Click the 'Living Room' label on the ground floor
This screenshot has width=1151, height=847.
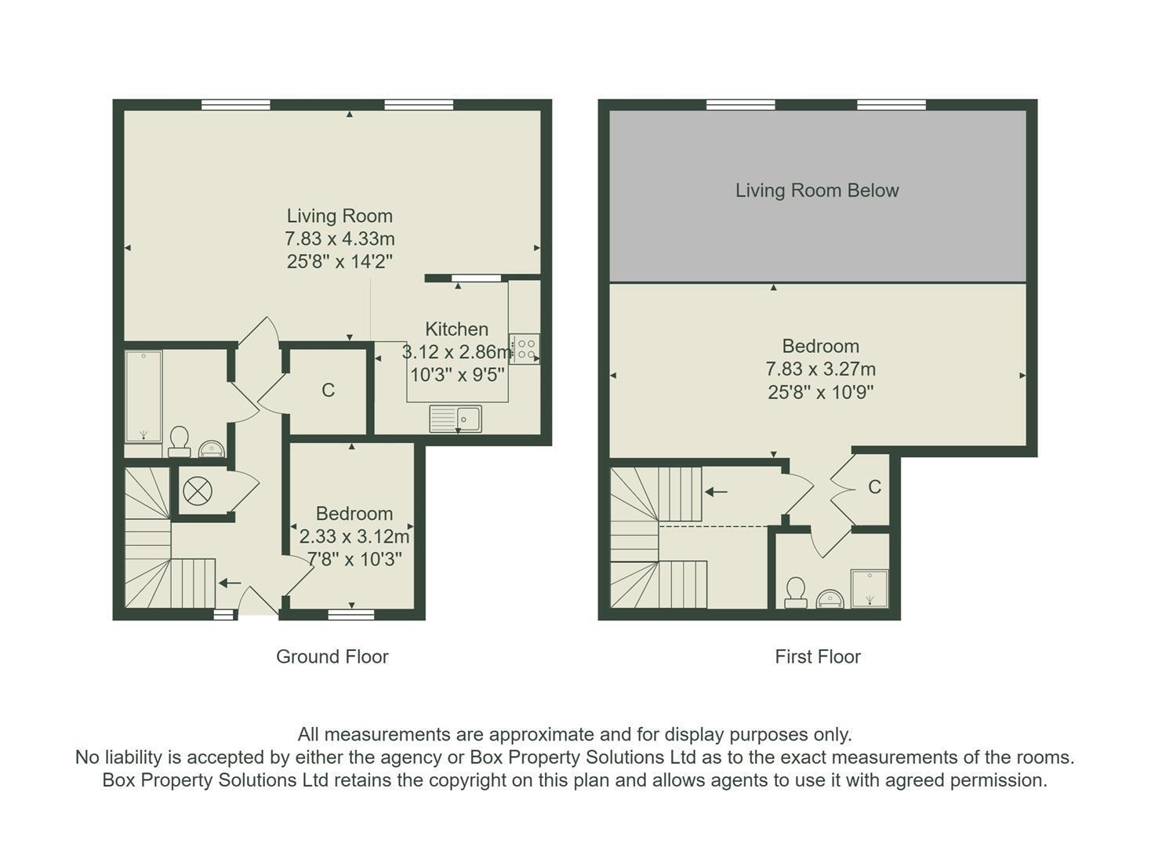339,216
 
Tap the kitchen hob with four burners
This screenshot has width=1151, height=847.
525,349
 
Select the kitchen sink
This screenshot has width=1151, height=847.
456,418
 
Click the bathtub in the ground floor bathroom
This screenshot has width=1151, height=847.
143,396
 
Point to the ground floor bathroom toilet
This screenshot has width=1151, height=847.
179,442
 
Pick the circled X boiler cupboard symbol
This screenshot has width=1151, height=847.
198,490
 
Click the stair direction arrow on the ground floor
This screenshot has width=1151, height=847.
230,583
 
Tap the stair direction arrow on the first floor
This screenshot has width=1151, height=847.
716,492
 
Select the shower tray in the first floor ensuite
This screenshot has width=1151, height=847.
870,588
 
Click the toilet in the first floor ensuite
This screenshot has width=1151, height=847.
795,593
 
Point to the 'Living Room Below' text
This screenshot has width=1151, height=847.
817,191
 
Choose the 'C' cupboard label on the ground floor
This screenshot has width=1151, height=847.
328,391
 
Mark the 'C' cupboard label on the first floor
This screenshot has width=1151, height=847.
874,487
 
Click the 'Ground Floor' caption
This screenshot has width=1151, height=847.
332,657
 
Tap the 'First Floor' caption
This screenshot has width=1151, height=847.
818,657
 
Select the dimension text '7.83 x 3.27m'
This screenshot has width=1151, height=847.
821,369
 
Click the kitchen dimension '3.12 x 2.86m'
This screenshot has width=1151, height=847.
456,352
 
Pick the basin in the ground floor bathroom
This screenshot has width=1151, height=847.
211,449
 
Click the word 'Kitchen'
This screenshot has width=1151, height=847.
457,329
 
